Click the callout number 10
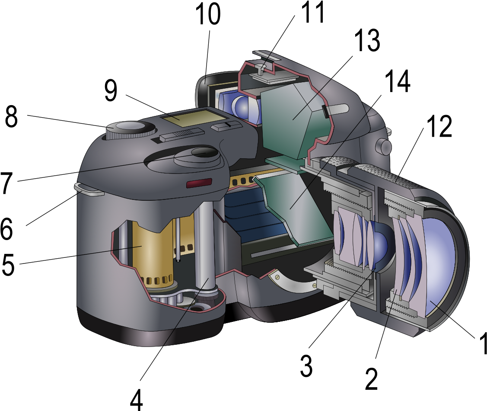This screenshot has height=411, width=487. (208, 14)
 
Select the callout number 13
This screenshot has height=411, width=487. (367, 40)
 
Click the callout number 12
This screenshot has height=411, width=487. (439, 126)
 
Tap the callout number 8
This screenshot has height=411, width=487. (11, 116)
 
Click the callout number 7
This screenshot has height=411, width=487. (7, 183)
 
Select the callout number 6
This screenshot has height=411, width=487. (6, 228)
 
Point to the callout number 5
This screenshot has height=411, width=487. (8, 265)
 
